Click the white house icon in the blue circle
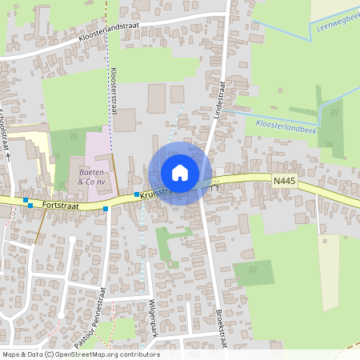(x=180, y=173)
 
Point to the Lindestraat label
(x=221, y=97)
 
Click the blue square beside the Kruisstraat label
(x=137, y=194)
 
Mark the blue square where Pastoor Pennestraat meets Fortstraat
(x=106, y=208)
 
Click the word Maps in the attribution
(x=11, y=354)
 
